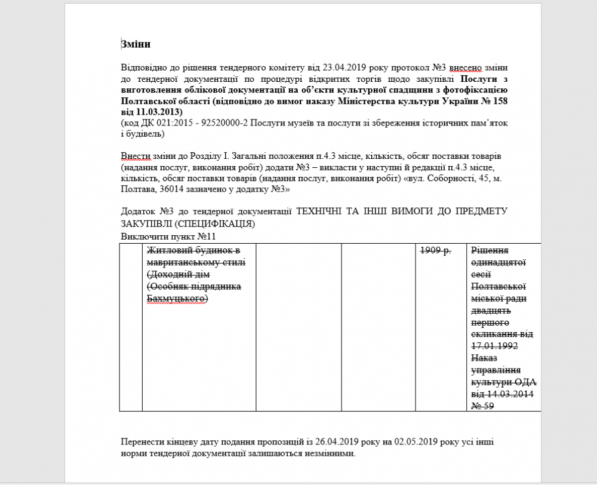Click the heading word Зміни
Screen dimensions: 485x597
[136, 44]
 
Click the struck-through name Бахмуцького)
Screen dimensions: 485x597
[177, 298]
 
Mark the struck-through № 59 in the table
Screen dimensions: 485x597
[482, 406]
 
